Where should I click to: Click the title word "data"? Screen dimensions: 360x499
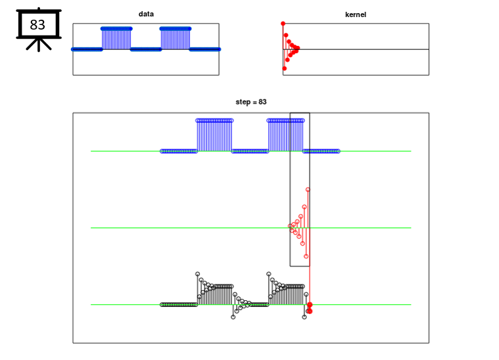(146, 14)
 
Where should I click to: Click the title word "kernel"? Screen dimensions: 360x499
(356, 14)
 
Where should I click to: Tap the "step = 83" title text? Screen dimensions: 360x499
(251, 102)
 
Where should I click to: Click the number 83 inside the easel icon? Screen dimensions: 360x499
(37, 26)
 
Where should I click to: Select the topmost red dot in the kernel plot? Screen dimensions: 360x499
(283, 24)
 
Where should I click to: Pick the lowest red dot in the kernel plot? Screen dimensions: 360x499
(284, 68)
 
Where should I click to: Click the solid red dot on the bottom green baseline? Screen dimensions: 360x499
(309, 305)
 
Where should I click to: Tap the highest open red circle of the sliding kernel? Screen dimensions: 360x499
(308, 190)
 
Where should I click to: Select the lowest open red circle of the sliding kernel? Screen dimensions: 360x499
(306, 256)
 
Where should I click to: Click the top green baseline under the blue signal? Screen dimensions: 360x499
(125, 151)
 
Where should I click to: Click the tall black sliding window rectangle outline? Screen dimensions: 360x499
(291, 197)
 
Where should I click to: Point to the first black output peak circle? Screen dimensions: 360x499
(197, 274)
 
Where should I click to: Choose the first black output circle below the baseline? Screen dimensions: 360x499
(233, 317)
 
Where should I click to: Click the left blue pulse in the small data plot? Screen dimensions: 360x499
(116, 38)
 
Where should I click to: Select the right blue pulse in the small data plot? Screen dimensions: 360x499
(175, 38)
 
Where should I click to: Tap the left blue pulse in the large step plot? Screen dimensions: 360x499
(214, 135)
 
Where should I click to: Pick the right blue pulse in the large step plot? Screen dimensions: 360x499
(285, 135)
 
